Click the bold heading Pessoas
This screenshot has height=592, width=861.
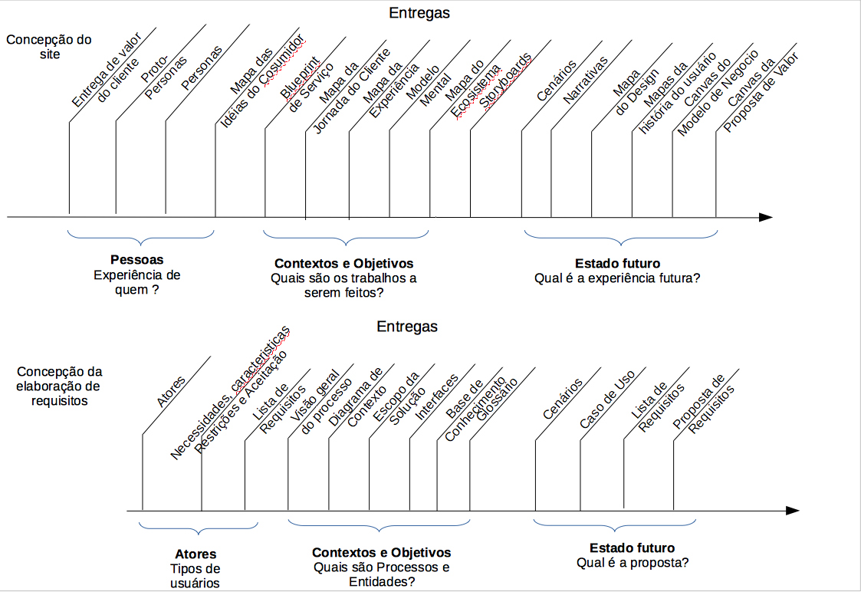(x=136, y=260)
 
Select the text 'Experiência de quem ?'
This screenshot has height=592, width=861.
(x=136, y=283)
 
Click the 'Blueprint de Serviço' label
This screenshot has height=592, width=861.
(x=305, y=87)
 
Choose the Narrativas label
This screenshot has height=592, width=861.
(x=585, y=80)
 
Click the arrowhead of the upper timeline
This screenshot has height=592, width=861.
(x=764, y=218)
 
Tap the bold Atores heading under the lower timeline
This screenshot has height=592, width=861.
(x=196, y=554)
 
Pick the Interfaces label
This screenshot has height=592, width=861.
(x=437, y=398)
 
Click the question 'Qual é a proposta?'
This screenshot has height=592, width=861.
(x=633, y=563)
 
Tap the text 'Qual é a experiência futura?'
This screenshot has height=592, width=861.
(x=616, y=278)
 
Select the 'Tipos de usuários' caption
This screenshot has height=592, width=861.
(x=195, y=576)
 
